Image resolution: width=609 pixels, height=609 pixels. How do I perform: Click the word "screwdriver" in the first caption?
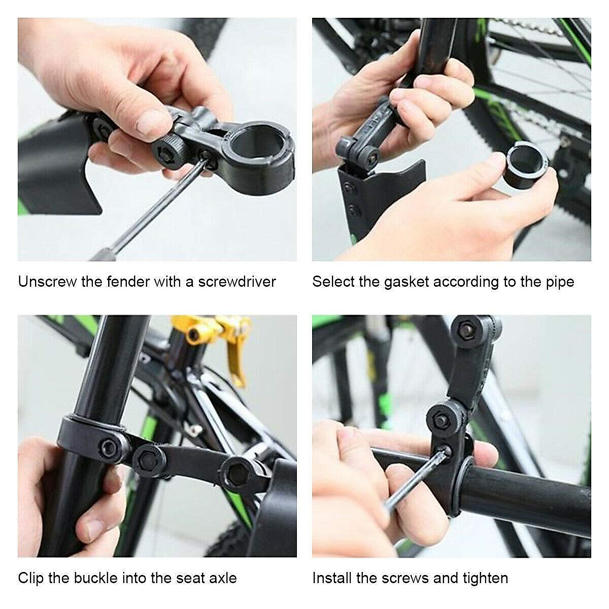237,282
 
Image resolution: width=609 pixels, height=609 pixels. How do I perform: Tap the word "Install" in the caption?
332,578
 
